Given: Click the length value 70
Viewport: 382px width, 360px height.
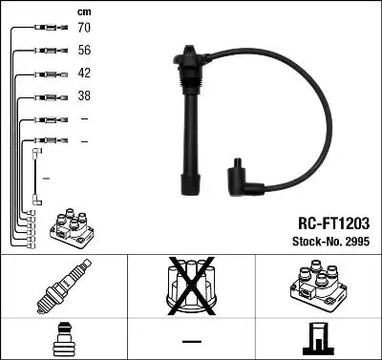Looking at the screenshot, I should coord(85,29).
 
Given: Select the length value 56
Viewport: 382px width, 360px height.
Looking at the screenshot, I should coord(85,52).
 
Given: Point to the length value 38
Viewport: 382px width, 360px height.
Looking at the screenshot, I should coord(85,96).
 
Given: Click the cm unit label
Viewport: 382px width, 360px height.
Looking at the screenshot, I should coord(83,11).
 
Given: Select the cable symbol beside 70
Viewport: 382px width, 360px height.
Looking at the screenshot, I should coord(46,29).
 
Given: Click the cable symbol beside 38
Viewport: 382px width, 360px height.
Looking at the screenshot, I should coord(46,96).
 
